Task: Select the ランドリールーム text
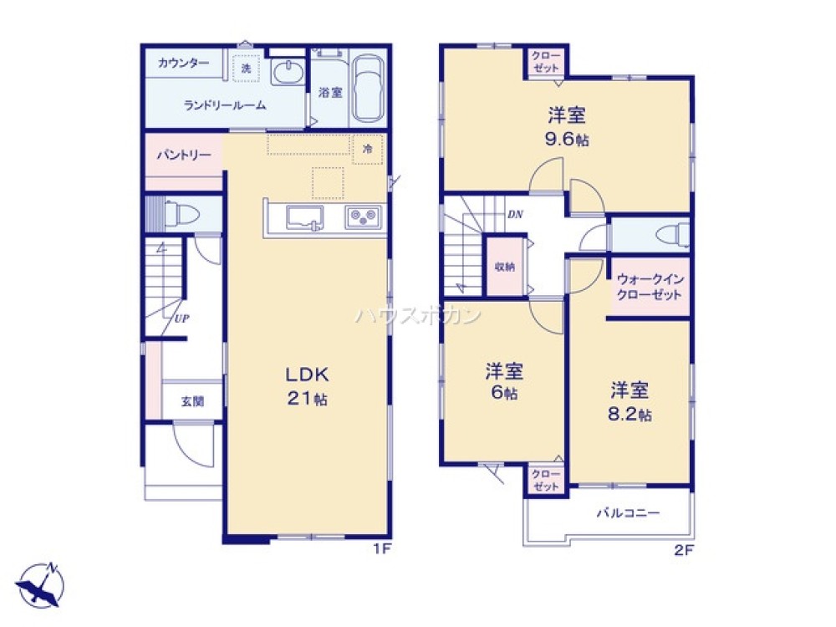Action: pyautogui.click(x=225, y=105)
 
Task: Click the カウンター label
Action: pyautogui.click(x=182, y=63)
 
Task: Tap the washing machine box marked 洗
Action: pyautogui.click(x=246, y=68)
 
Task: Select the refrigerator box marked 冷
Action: pyautogui.click(x=367, y=149)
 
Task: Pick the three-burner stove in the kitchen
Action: pyautogui.click(x=364, y=217)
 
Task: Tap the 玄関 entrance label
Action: pyautogui.click(x=192, y=401)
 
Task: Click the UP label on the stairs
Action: pyautogui.click(x=181, y=317)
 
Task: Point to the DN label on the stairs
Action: pyautogui.click(x=515, y=214)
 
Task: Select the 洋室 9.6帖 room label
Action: pyautogui.click(x=566, y=125)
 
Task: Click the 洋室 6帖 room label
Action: pyautogui.click(x=503, y=380)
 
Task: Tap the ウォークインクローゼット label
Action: pyautogui.click(x=650, y=288)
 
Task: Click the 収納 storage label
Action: pyautogui.click(x=504, y=267)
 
